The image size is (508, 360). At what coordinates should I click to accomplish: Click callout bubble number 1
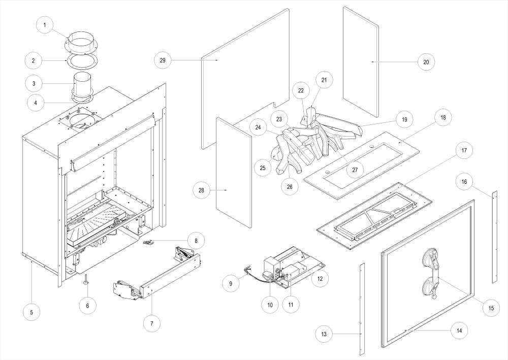pos(45,25)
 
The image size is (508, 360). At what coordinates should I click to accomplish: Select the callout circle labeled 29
pos(163,60)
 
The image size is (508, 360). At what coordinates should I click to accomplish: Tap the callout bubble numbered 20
pos(426,61)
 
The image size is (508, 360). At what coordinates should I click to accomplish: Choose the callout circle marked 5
pos(31,311)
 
